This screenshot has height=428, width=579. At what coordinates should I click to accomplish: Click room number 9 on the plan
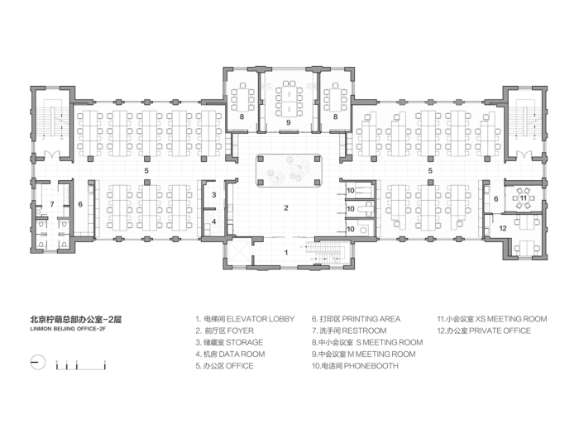pyautogui.click(x=289, y=122)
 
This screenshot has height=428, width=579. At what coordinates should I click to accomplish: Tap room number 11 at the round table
pyautogui.click(x=524, y=198)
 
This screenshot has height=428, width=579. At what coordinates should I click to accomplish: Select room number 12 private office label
pyautogui.click(x=503, y=228)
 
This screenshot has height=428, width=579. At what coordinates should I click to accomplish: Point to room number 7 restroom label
pyautogui.click(x=52, y=204)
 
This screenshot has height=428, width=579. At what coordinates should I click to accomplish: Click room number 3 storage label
pyautogui.click(x=213, y=195)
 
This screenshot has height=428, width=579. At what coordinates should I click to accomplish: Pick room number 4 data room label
pyautogui.click(x=213, y=221)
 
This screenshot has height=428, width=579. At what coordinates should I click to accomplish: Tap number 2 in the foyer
pyautogui.click(x=286, y=208)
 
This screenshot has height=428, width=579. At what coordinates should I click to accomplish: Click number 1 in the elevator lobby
pyautogui.click(x=286, y=253)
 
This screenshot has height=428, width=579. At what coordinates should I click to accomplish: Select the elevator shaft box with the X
pyautogui.click(x=239, y=253)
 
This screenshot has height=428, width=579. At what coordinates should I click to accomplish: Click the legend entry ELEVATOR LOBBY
pyautogui.click(x=261, y=319)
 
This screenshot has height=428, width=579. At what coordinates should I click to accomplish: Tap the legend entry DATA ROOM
pyautogui.click(x=242, y=354)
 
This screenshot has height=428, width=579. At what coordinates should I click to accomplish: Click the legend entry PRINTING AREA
pyautogui.click(x=371, y=319)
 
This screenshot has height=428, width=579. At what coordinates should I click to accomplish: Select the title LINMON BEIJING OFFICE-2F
pyautogui.click(x=68, y=329)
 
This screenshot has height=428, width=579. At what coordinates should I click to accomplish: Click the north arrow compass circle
pyautogui.click(x=38, y=363)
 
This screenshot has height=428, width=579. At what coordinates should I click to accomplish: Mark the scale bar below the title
pyautogui.click(x=81, y=365)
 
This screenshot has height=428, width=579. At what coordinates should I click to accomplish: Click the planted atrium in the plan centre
pyautogui.click(x=289, y=170)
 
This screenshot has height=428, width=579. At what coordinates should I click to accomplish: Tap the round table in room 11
pyautogui.click(x=524, y=198)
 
